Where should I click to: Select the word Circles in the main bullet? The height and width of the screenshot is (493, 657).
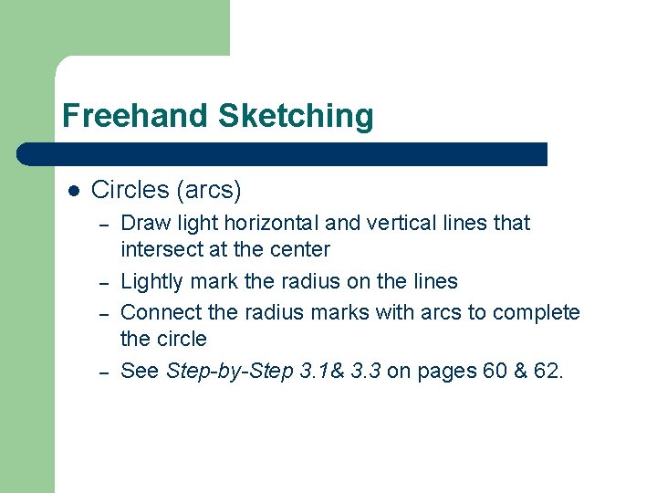click(130, 190)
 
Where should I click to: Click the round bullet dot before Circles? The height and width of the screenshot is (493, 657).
click(74, 191)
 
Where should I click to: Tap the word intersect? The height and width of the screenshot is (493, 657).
click(161, 249)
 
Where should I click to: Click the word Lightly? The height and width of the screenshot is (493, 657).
click(152, 281)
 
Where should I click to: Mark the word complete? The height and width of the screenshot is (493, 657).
click(536, 312)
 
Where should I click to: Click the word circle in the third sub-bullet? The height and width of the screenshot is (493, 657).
click(182, 339)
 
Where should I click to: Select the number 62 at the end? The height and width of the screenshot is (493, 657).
click(546, 371)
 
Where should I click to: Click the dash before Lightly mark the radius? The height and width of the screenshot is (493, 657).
click(105, 282)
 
